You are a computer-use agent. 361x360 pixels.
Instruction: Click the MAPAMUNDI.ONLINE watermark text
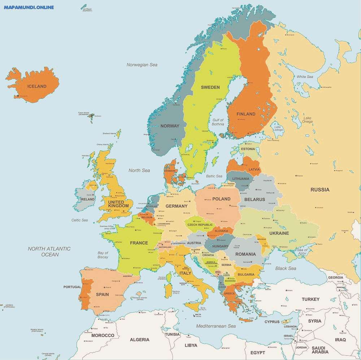pyautogui.click(x=29, y=7)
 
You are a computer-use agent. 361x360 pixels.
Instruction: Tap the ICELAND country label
pyautogui.click(x=37, y=86)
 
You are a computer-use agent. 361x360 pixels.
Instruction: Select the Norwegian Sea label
pyautogui.click(x=142, y=65)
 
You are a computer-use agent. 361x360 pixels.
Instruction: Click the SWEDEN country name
pyautogui.click(x=210, y=87)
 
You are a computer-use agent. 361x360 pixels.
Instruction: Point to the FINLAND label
pyautogui.click(x=246, y=114)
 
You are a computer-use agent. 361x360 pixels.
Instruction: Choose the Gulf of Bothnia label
pyautogui.click(x=218, y=122)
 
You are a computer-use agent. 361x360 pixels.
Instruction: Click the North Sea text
pyautogui.click(x=139, y=170)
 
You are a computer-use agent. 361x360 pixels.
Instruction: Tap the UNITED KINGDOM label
pyautogui.click(x=118, y=204)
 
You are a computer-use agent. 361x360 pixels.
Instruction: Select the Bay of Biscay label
pyautogui.click(x=103, y=255)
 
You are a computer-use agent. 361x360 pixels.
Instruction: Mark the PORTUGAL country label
pyautogui.click(x=72, y=287)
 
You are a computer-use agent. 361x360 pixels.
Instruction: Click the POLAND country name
pyautogui.click(x=221, y=199)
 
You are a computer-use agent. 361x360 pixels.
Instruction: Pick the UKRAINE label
pyautogui.click(x=279, y=233)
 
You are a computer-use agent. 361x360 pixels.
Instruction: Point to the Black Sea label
pyautogui.click(x=286, y=268)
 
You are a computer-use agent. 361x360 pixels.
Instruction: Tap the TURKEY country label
pyautogui.click(x=310, y=299)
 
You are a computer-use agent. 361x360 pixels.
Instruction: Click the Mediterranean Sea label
pyautogui.click(x=216, y=326)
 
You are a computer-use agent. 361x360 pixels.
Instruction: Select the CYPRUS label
pyautogui.click(x=272, y=322)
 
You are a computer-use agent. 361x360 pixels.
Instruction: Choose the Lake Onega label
pyautogui.click(x=308, y=120)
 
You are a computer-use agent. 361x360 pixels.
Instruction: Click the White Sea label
pyautogui.click(x=305, y=77)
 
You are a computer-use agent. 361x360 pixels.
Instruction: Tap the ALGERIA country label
pyautogui.click(x=139, y=339)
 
